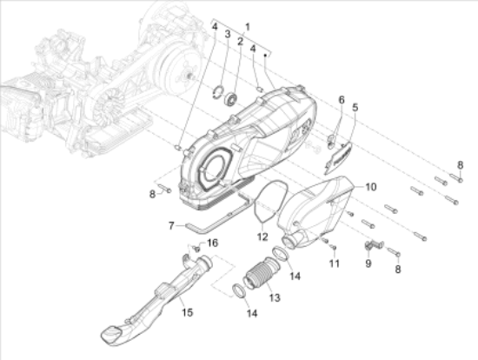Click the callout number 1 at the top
[x=247, y=27]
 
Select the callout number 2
[x=240, y=42]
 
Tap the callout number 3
[x=228, y=34]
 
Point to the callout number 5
[x=355, y=107]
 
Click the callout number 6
[x=342, y=100]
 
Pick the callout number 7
[x=171, y=226]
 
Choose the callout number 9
[x=368, y=263]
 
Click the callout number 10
[x=371, y=187]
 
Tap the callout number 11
[x=335, y=263]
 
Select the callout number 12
[x=262, y=237]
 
